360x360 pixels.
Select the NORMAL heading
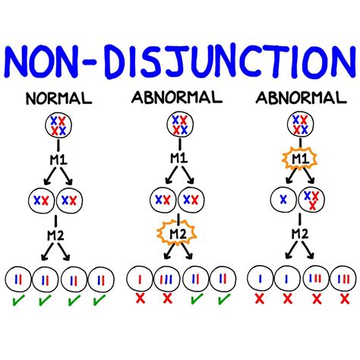coord(58,99)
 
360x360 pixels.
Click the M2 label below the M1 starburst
coord(298,235)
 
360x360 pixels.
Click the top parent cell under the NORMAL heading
coord(58,125)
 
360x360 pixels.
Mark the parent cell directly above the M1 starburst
coord(298,125)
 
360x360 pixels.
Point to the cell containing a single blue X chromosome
coord(283,199)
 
